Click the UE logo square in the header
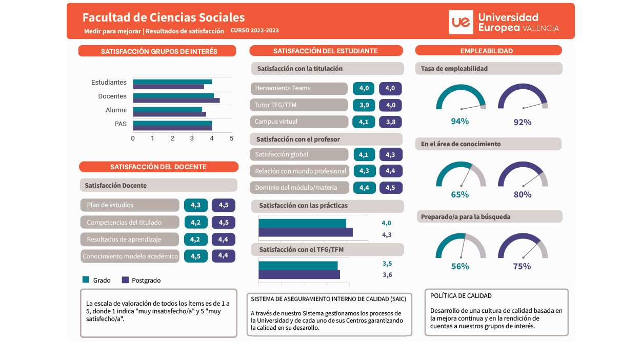pos(461,22)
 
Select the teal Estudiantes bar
pos(172,82)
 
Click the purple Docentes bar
pos(176,101)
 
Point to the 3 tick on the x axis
pos(192,138)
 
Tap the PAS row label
pos(121,124)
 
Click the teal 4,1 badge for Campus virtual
pos(364,122)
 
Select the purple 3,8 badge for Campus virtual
pos(391,122)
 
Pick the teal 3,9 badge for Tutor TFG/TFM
pos(364,105)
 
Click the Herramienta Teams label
pos(283,88)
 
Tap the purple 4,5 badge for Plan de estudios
pos(224,205)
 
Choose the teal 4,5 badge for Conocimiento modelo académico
pos(196,256)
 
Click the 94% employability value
pos(459,122)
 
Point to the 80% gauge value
pos(522,194)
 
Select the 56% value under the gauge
pos(460,266)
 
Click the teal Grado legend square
pos(86,279)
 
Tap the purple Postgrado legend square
pos(125,279)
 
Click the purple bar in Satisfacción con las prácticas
pos(306,232)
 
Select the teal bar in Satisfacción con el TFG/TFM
pos(298,266)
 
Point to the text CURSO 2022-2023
pos(254,30)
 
